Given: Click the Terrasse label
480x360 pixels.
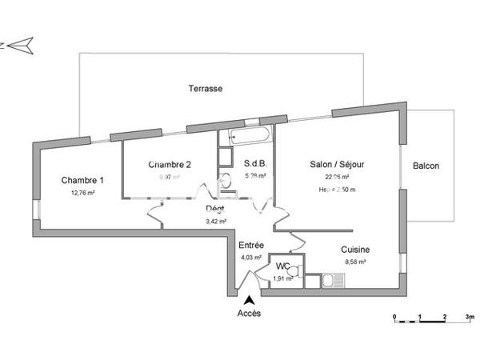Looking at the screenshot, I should [206, 89].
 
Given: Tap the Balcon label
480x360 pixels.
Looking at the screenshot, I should [426, 166].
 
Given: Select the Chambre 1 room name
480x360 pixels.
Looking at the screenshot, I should [82, 180].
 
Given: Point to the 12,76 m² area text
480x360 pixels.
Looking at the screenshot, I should [82, 193].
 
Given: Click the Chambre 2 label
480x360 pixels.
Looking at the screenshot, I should [170, 165].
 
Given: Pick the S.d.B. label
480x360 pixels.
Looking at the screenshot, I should [255, 165].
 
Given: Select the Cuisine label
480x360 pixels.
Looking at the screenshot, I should [355, 249].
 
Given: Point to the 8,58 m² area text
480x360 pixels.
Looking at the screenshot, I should [355, 262].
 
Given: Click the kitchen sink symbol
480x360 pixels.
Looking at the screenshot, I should [332, 280].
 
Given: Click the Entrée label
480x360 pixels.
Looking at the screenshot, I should [252, 245].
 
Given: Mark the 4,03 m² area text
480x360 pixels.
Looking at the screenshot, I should [252, 258].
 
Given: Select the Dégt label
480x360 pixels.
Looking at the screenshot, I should [216, 210].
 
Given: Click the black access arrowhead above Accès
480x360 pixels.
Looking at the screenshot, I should [249, 298].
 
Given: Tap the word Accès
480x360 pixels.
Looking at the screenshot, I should [249, 314].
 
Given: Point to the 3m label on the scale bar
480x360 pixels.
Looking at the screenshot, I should [470, 318].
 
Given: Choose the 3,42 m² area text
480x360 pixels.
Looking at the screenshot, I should [216, 222].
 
